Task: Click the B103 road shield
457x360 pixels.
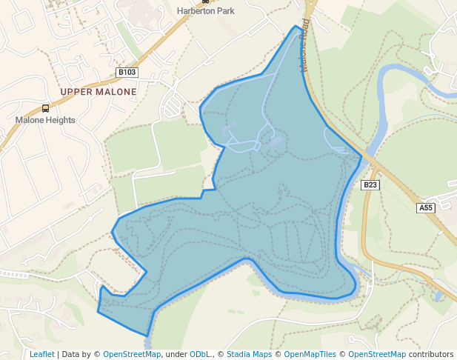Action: pyautogui.click(x=127, y=73)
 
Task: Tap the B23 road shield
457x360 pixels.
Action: pyautogui.click(x=370, y=184)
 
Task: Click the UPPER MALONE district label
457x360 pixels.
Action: pyautogui.click(x=99, y=92)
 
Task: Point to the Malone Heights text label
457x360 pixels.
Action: pyautogui.click(x=45, y=119)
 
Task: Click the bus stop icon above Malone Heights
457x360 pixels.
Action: pyautogui.click(x=46, y=108)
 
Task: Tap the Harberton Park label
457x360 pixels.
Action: pyautogui.click(x=204, y=11)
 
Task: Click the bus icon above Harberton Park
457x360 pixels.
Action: pyautogui.click(x=205, y=1)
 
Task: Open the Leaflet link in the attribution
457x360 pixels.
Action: pyautogui.click(x=42, y=354)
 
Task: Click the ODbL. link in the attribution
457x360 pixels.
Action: pyautogui.click(x=200, y=354)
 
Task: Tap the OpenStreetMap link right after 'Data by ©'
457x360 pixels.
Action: pyautogui.click(x=132, y=354)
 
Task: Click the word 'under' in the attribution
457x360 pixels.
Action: pyautogui.click(x=176, y=354)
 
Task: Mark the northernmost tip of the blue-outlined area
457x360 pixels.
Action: pyautogui.click(x=296, y=26)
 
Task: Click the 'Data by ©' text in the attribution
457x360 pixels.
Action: pyautogui.click(x=81, y=354)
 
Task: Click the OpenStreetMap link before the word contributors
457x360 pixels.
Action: pyautogui.click(x=376, y=354)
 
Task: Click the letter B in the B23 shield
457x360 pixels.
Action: pyautogui.click(x=366, y=184)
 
